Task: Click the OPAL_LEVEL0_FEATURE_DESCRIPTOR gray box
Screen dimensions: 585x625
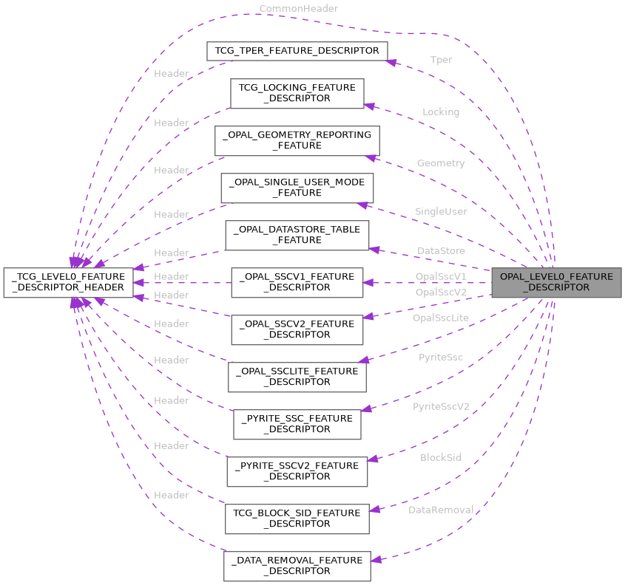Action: (x=556, y=282)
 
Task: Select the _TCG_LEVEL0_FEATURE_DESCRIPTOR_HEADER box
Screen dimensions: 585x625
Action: (x=68, y=282)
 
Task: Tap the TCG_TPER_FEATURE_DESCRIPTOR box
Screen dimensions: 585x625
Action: (x=296, y=51)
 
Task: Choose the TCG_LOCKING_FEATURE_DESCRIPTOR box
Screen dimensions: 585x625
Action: (x=297, y=93)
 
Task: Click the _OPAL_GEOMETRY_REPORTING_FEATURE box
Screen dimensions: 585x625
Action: (x=297, y=140)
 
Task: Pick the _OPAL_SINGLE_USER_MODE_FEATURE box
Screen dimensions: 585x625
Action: (x=297, y=188)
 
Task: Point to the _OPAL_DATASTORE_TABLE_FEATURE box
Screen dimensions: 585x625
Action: (x=297, y=235)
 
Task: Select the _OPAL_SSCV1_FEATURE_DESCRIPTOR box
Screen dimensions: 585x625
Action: (x=297, y=282)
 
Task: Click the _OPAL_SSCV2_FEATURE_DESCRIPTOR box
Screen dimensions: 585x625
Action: (x=297, y=329)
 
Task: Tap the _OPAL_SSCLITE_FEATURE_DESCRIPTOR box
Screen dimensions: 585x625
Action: (x=297, y=377)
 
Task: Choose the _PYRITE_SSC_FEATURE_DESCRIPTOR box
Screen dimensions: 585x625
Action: (x=297, y=424)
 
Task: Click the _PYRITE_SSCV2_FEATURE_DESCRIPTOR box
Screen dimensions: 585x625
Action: (x=297, y=471)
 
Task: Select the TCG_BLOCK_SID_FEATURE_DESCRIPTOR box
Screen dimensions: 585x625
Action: (x=297, y=519)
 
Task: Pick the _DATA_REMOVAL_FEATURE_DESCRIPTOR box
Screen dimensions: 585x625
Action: (x=297, y=566)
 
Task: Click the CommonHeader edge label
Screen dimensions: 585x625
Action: (x=298, y=8)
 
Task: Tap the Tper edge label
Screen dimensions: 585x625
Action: (x=441, y=60)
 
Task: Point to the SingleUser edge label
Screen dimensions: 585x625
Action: (x=441, y=211)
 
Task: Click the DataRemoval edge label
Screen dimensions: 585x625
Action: (x=441, y=510)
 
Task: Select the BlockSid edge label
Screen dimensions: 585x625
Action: (x=441, y=457)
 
